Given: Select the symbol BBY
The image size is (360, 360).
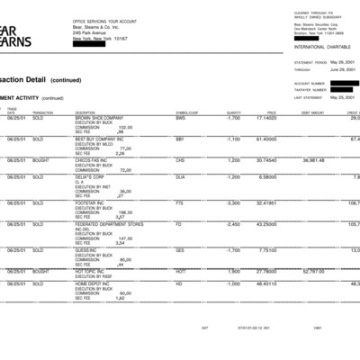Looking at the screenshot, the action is point(180,139).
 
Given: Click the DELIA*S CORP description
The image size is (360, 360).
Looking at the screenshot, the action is point(90,177).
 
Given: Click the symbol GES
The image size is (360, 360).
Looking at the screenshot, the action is point(180,249).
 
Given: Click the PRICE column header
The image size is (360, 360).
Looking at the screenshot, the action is point(271,112).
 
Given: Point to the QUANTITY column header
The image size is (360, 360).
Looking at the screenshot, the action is point(234,112).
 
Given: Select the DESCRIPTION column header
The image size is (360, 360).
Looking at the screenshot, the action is point(86,112).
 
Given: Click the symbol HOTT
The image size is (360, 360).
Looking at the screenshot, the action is point(181,271).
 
